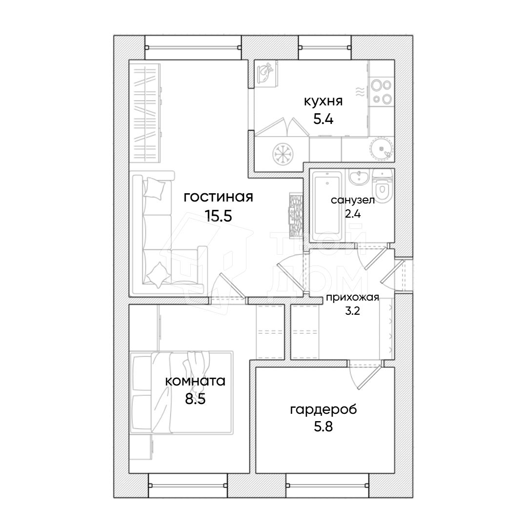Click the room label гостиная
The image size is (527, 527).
pos(219,197)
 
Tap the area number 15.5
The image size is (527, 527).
pos(219,216)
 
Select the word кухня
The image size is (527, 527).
pos(324,101)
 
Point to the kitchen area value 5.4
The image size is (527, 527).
pos(324,119)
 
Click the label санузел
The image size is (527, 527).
pos(353,200)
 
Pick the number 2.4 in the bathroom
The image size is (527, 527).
pos(353,213)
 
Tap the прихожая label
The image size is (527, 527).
pos(353,298)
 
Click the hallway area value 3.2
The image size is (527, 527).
pos(353,310)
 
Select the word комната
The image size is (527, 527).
pos(195,381)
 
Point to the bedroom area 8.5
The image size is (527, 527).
pos(195,399)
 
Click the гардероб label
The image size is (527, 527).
pos(324,410)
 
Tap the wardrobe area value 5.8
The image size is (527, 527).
pos(324,426)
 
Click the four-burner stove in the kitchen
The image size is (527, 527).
pos(382,91)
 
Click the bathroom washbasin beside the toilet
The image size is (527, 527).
pos(359,177)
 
